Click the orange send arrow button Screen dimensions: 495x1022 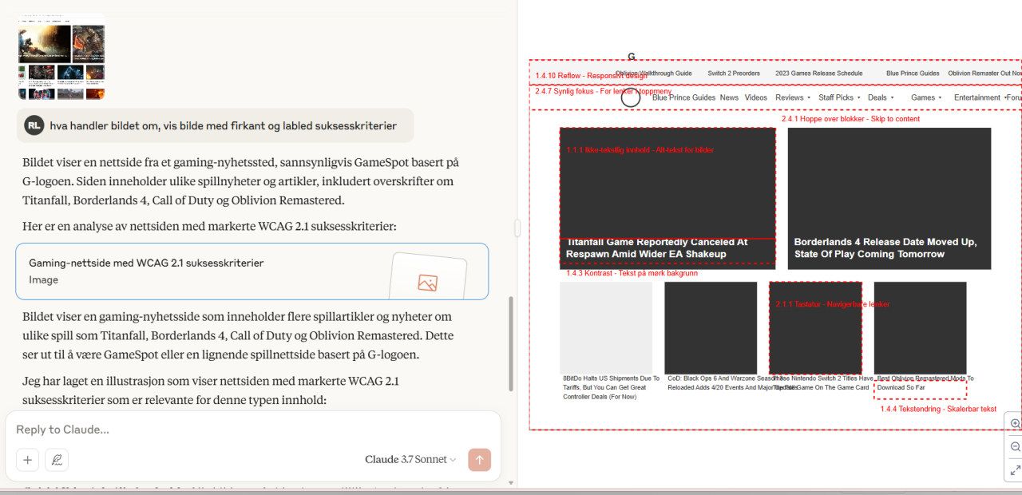click(479, 460)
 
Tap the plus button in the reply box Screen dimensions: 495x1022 click(28, 460)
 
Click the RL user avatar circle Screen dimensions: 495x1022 click(34, 125)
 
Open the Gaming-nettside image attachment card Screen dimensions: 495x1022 click(252, 271)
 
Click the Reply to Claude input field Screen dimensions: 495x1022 click(240, 430)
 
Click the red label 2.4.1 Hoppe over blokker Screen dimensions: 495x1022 click(850, 119)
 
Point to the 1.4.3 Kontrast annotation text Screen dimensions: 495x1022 click(632, 273)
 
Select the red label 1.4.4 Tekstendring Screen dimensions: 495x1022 click(938, 409)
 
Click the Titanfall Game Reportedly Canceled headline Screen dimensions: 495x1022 click(656, 247)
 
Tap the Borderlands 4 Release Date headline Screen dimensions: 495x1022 click(885, 247)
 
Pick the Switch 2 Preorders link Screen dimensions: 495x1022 click(734, 73)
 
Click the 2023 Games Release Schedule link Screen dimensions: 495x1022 click(818, 73)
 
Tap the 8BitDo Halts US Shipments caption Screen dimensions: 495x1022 click(611, 387)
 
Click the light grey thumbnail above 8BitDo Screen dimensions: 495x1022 click(606, 328)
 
